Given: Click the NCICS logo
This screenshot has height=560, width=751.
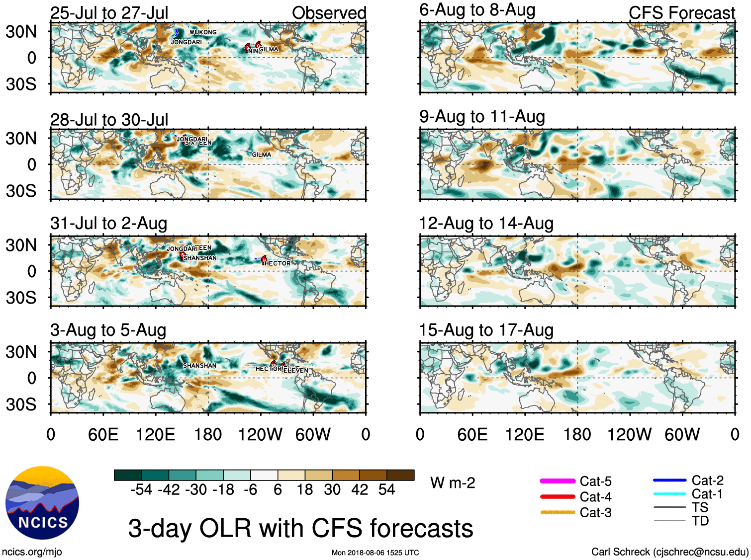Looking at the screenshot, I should point(42,503).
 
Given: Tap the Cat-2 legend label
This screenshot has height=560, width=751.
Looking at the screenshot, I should point(707,480).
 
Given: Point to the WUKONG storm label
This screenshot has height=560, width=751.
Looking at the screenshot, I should point(203,32).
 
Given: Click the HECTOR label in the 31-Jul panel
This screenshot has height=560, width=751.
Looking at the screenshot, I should point(277,263).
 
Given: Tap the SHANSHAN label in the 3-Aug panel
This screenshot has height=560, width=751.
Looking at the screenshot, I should point(199,366).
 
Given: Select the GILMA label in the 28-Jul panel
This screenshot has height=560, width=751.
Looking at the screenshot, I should point(262,155).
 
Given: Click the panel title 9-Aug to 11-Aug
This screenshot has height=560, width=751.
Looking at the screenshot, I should point(482,117).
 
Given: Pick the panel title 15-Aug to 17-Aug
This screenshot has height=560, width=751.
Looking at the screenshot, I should point(486,330).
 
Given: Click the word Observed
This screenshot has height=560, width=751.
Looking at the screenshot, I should point(329,13).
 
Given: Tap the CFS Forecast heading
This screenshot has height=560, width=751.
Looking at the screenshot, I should point(681,13).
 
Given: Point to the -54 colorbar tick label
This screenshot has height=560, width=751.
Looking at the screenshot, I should point(141,490).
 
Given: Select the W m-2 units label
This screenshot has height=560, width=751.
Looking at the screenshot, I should point(453,483).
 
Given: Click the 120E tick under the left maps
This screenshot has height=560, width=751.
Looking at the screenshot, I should point(155,435).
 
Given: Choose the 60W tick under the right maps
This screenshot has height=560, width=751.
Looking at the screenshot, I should point(682,435).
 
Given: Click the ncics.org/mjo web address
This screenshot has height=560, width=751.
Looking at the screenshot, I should point(32,552).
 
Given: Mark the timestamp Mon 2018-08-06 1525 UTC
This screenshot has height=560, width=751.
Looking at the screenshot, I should point(375,553).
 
